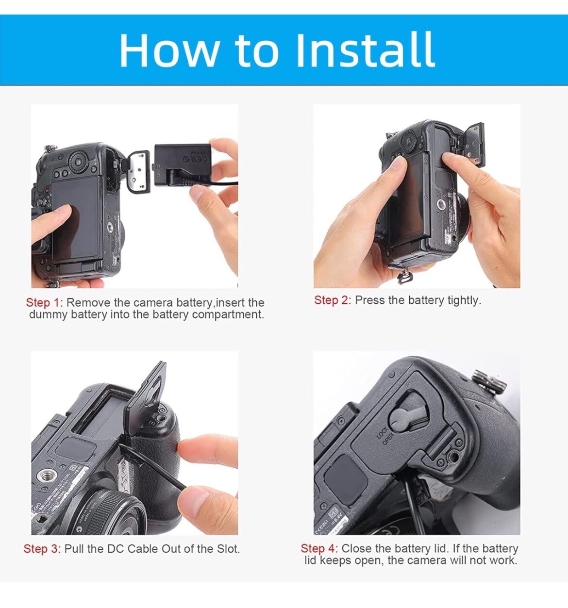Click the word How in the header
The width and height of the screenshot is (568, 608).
(x=169, y=49)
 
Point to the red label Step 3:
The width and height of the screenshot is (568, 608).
(x=42, y=549)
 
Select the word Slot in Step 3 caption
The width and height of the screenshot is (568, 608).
(x=228, y=549)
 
